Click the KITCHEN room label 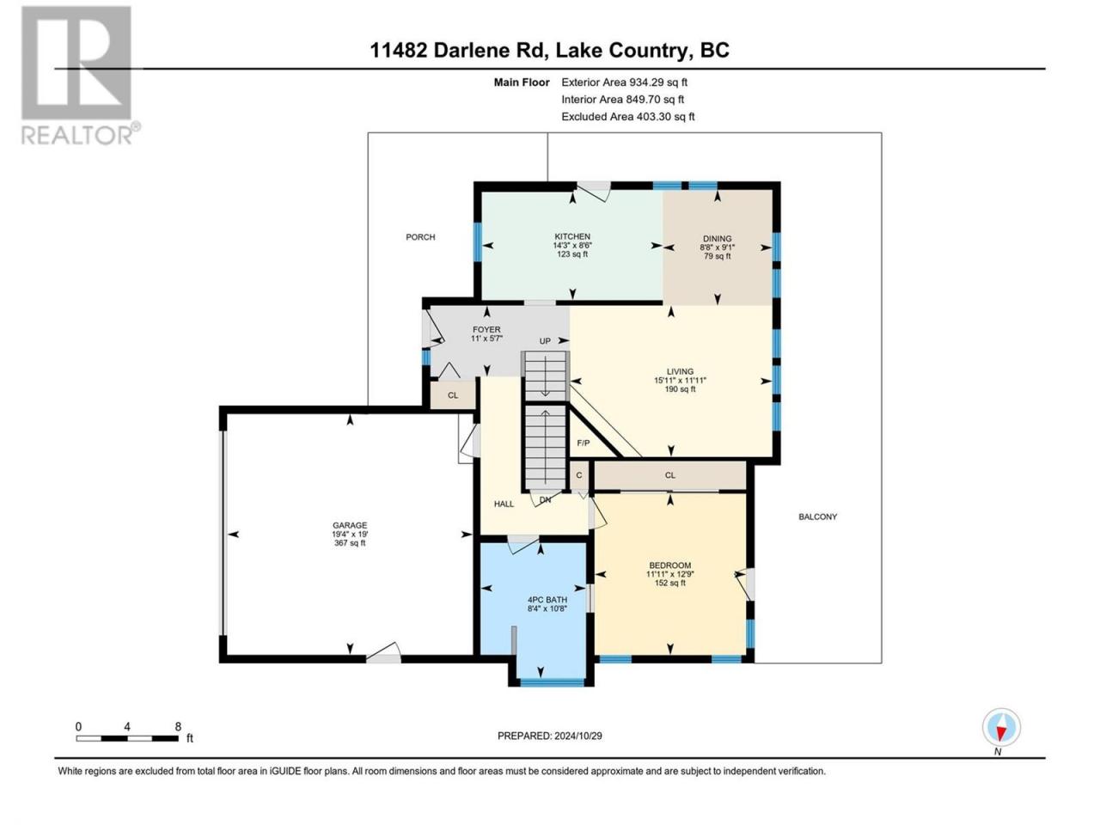click(x=571, y=236)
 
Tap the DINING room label click(x=717, y=238)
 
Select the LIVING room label click(x=680, y=371)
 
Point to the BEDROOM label click(x=669, y=565)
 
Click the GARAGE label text click(x=350, y=525)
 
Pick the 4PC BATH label click(x=547, y=600)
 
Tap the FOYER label click(x=486, y=330)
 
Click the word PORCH click(x=420, y=237)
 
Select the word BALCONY click(x=817, y=516)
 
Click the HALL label click(x=504, y=504)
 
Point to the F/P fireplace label click(x=583, y=443)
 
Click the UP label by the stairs click(x=545, y=341)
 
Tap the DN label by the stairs click(x=545, y=499)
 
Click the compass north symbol click(x=1001, y=727)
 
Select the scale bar click(x=127, y=738)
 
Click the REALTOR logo click(x=80, y=76)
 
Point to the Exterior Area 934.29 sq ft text click(x=625, y=82)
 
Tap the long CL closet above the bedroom click(x=669, y=475)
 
